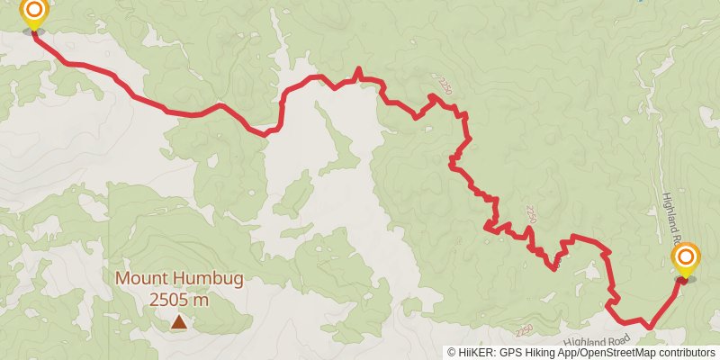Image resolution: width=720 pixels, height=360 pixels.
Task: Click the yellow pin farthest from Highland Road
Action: click(x=34, y=13)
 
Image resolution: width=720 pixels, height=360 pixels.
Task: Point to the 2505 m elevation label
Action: click(x=179, y=300)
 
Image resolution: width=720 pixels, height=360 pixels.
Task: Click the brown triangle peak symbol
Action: click(x=179, y=321)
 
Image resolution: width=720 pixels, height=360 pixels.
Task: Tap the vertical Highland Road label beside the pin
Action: click(x=669, y=219)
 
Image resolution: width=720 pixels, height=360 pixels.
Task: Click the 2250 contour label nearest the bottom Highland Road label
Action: click(x=525, y=329)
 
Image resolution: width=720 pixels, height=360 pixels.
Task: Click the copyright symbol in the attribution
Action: click(x=452, y=353)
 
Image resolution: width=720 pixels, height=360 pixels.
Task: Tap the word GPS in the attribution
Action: click(x=508, y=353)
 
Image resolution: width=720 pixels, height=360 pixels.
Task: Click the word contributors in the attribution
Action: click(x=687, y=353)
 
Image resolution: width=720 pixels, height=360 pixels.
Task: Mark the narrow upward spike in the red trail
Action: click(x=358, y=69)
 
